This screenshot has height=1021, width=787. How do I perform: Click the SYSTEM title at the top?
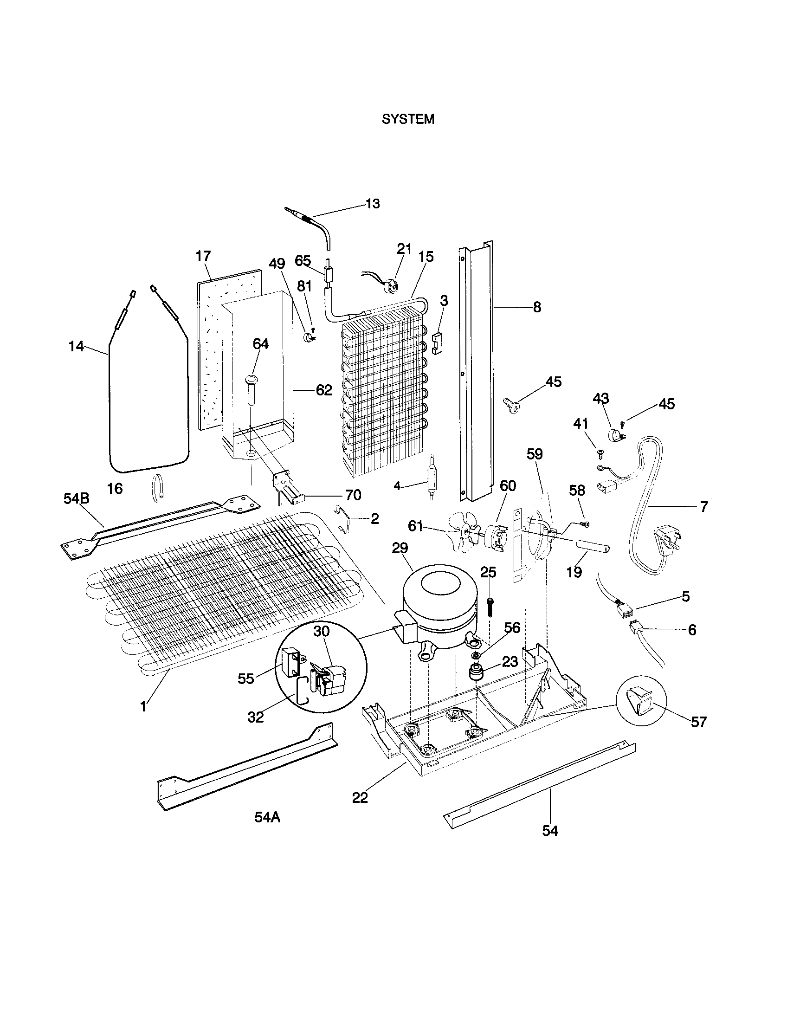[407, 120]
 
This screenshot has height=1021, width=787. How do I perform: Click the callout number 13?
[373, 204]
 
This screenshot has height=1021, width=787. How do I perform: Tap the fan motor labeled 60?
[497, 536]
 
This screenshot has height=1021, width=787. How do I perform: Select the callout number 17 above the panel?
[203, 256]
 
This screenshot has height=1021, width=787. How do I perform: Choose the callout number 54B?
[76, 499]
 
